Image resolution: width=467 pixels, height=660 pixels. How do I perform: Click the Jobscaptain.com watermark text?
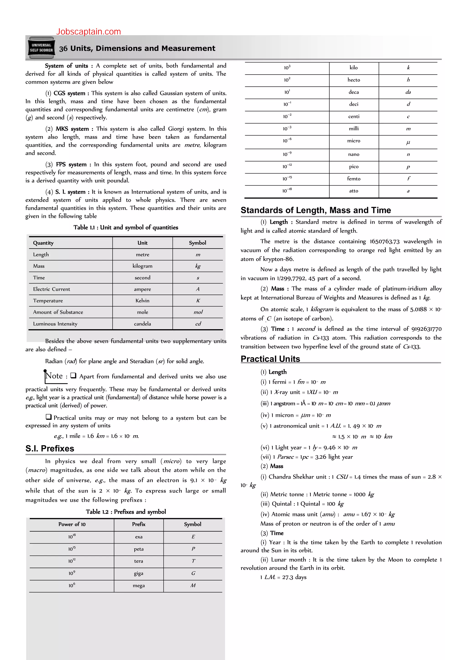pos(88,32)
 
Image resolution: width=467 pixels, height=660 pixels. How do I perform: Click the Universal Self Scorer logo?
pos(42,48)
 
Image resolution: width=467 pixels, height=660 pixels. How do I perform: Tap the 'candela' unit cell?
pos(142,324)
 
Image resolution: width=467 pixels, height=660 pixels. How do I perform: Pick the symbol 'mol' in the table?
pos(198,312)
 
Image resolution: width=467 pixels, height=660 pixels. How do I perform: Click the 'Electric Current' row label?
pos(52,289)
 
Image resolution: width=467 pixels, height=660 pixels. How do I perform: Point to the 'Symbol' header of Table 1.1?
pos(197,243)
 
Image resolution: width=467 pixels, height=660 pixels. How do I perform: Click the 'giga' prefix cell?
pos(138,573)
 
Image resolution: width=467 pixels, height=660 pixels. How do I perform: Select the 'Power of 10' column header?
pos(72,524)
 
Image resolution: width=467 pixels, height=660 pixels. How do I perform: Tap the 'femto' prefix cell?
pos(353,179)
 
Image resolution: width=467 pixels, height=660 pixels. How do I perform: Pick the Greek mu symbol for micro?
pos(408,142)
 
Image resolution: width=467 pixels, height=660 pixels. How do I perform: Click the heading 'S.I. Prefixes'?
pos(50,448)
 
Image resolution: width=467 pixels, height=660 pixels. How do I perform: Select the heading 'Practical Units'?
pos(270,359)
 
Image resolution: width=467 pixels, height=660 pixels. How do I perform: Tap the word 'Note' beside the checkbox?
pos(54,376)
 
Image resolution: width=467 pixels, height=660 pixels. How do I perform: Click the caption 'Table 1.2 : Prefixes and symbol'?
pos(126,512)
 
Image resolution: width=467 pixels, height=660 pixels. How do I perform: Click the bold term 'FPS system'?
pos(71,164)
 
